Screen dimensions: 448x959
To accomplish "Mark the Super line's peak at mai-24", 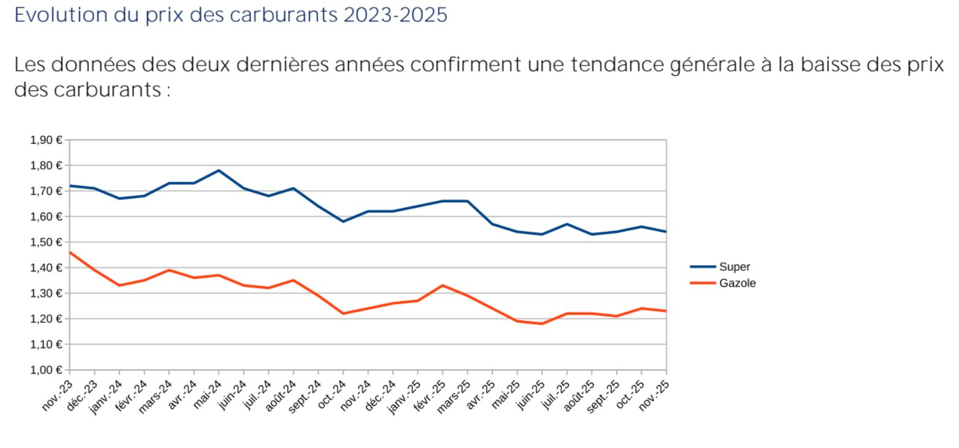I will (x=219, y=171).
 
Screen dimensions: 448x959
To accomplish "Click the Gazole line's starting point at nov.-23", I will (x=70, y=252).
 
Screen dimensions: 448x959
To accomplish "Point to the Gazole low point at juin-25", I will (x=542, y=323).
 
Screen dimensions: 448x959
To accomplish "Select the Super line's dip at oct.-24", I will (x=343, y=221).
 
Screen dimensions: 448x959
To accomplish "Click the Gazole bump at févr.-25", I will (x=443, y=285).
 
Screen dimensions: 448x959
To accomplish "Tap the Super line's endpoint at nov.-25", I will (x=666, y=232).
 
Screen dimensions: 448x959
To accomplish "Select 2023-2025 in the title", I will (x=395, y=15).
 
